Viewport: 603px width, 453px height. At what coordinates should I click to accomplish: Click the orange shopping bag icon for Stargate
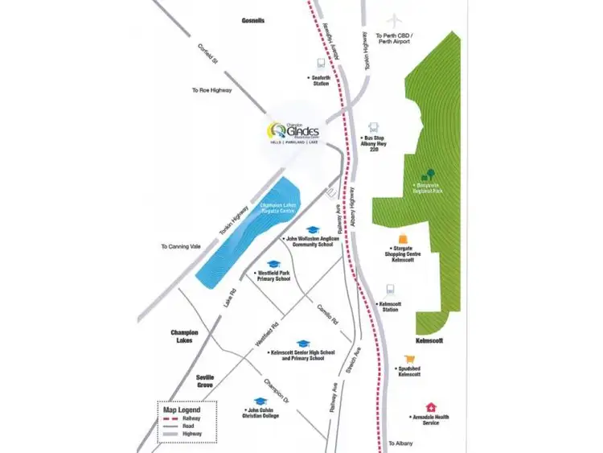[x=402, y=240]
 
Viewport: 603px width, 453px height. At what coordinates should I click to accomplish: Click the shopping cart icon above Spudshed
[x=410, y=360]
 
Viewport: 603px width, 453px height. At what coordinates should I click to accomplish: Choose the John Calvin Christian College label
[x=260, y=414]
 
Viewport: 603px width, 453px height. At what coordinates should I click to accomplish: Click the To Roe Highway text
[x=211, y=90]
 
